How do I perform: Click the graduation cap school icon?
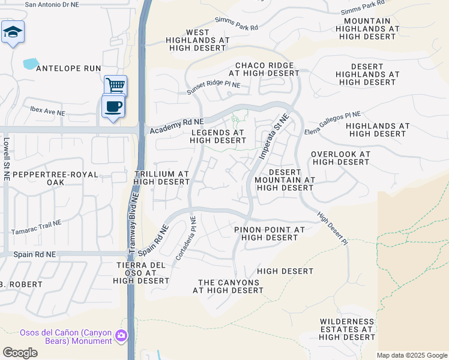[x=12, y=32]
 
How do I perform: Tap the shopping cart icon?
[x=115, y=85]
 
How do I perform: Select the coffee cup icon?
[x=113, y=106]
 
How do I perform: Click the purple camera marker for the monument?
[x=122, y=336]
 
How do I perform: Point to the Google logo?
[x=20, y=353]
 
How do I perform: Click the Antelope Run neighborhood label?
[x=68, y=68]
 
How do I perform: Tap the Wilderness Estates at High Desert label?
[x=347, y=329]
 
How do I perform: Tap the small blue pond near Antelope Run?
[x=29, y=62]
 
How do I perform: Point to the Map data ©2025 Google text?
[x=412, y=355]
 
